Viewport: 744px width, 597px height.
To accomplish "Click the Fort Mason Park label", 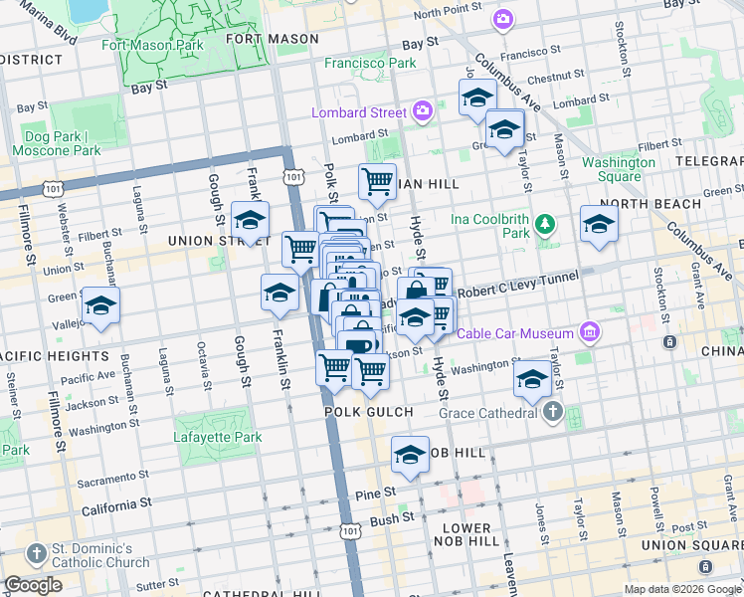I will point(147,45).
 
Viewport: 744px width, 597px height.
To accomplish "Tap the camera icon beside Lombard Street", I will point(424,110).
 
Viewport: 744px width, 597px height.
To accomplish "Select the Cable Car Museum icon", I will point(589,331).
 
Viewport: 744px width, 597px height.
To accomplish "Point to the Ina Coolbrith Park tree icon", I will point(544,224).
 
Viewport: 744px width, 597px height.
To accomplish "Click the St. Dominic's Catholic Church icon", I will point(36,553).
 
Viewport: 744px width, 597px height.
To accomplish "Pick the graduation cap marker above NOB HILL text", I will point(410,454).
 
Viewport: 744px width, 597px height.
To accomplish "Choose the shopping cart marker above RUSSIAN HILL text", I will point(377,181).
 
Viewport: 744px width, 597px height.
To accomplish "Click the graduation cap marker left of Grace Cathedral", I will point(532,379).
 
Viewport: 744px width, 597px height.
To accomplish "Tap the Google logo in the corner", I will point(33,585).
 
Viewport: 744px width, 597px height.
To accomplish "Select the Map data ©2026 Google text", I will point(682,589).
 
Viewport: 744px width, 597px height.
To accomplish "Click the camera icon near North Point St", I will point(503,18).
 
